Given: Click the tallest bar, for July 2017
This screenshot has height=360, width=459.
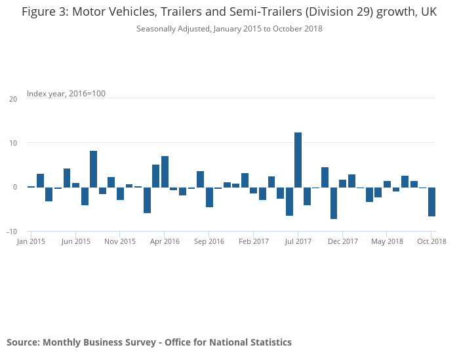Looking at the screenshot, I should [x=298, y=159].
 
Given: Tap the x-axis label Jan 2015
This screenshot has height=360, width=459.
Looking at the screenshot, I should [x=31, y=241].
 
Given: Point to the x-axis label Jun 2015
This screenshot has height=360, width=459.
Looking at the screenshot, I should [x=75, y=241].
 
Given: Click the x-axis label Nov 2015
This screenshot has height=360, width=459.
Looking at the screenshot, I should [x=120, y=241].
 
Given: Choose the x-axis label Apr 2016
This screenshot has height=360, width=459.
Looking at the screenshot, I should [x=165, y=241].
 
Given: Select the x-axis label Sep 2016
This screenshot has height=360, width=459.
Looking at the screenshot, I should [x=209, y=241].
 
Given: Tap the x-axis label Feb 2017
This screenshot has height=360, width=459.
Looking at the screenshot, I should [x=253, y=241].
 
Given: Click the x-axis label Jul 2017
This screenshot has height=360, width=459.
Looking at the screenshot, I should [x=298, y=241].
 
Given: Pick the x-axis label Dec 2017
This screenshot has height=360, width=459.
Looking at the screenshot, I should [x=342, y=241].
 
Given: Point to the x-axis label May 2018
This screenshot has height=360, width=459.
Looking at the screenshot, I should [x=387, y=241].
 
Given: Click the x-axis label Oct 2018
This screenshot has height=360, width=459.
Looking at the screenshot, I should [x=431, y=241].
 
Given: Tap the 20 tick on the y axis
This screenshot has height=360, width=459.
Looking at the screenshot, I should [x=13, y=99].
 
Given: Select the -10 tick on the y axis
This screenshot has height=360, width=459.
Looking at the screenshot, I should [x=12, y=231].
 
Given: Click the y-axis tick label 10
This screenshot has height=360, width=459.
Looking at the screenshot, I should [x=13, y=143].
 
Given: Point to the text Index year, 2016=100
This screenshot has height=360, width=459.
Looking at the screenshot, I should [x=66, y=94].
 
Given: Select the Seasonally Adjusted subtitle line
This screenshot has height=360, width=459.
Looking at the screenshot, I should [x=229, y=29].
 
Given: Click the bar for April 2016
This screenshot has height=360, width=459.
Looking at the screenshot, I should [x=165, y=171].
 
